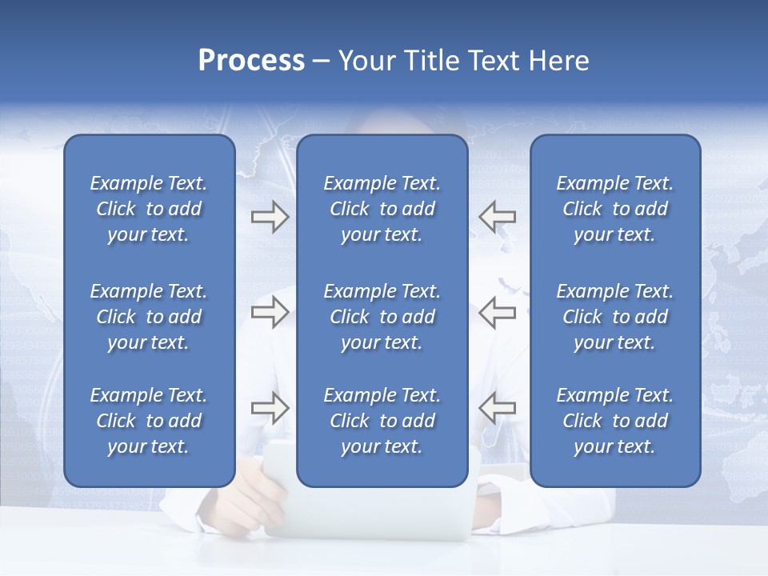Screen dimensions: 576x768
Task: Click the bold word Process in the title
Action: [251, 61]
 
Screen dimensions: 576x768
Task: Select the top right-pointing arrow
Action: [270, 216]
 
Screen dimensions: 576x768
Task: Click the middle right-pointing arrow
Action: [270, 312]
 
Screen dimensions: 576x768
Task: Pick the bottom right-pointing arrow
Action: [270, 408]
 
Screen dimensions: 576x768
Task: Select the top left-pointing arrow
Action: [497, 216]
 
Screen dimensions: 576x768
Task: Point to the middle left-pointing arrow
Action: [497, 312]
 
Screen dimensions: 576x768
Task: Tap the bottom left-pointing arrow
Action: [497, 408]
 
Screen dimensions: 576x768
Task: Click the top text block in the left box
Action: [149, 209]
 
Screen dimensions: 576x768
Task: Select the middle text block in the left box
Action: [149, 317]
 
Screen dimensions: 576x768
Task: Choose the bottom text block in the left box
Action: [149, 421]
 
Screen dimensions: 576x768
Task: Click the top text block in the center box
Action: [382, 209]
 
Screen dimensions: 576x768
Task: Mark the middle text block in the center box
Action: [382, 317]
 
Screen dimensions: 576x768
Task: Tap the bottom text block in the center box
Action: [382, 421]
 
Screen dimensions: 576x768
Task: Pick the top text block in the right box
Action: [614, 209]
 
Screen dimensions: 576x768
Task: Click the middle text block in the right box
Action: [614, 317]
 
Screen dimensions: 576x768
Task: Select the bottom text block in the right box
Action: [614, 421]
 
